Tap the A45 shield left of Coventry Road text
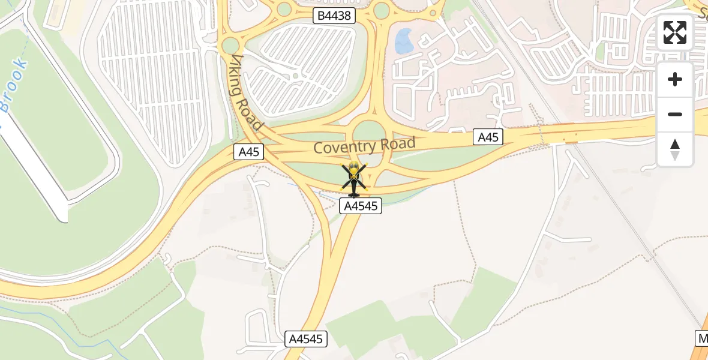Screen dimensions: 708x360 pyautogui.click(x=249, y=152)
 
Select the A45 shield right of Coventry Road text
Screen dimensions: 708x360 pyautogui.click(x=488, y=137)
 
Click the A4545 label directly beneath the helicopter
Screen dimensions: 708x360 pyautogui.click(x=361, y=206)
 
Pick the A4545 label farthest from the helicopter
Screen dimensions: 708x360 pyautogui.click(x=306, y=339)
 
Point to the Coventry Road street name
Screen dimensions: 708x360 pyautogui.click(x=364, y=145)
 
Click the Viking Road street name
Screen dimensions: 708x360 pyautogui.click(x=247, y=92)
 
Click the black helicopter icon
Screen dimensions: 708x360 pyautogui.click(x=353, y=180)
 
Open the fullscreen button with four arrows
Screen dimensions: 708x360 pyautogui.click(x=675, y=32)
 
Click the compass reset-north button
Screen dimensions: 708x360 pyautogui.click(x=675, y=149)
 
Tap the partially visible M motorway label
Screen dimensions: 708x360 pyautogui.click(x=703, y=338)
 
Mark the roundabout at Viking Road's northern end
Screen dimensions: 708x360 pyautogui.click(x=230, y=45)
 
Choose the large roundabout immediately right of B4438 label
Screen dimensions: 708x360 pyautogui.click(x=382, y=10)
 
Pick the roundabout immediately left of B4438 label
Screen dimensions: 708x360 pyautogui.click(x=284, y=9)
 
